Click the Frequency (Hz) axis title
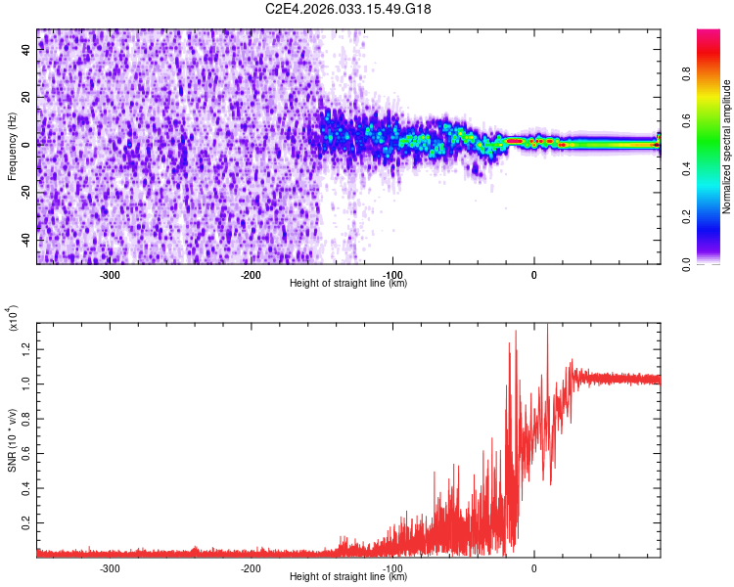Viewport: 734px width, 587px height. click(12, 146)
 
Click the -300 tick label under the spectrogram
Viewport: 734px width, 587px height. click(110, 275)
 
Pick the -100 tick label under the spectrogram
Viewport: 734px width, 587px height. click(392, 275)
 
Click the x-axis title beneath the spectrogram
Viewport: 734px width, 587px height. click(348, 283)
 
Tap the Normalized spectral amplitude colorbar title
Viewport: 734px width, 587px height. click(727, 147)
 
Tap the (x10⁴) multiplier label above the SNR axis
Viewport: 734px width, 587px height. click(12, 318)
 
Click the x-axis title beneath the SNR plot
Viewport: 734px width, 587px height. click(348, 577)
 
